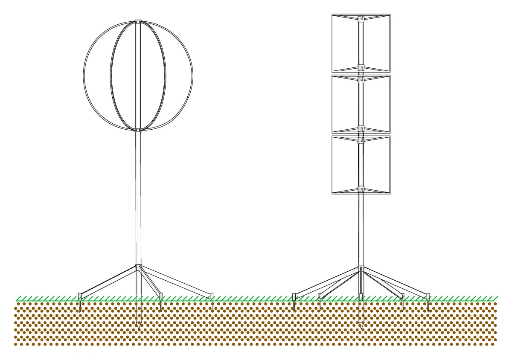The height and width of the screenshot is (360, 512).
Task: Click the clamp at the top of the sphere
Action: (138, 21)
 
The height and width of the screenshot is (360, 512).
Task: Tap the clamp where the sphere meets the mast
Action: (138, 130)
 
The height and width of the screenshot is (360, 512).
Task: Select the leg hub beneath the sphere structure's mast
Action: (138, 267)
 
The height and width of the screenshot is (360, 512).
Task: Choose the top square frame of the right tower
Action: (334, 43)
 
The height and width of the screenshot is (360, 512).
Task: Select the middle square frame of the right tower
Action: (334, 104)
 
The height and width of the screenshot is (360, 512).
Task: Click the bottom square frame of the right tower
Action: (334, 165)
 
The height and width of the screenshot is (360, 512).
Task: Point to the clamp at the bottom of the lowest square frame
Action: (361, 188)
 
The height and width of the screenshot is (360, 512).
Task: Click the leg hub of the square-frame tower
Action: (361, 269)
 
